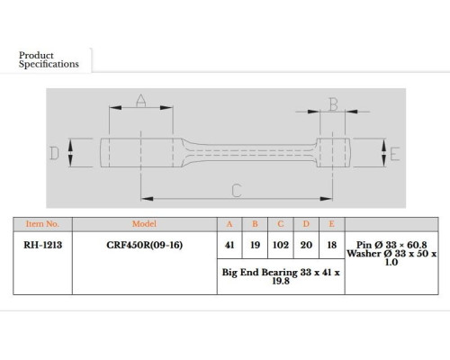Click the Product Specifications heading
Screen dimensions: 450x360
tap(49, 59)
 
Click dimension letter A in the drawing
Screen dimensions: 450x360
tap(141, 101)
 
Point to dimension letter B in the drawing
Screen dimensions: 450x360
tap(333, 104)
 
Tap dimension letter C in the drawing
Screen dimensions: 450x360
tap(237, 191)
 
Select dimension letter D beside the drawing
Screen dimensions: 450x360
tap(54, 153)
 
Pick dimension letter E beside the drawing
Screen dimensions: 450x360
tap(395, 154)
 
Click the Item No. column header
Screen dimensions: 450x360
tap(42, 224)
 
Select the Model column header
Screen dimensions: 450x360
tap(144, 224)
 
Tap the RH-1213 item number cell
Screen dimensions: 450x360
tap(43, 245)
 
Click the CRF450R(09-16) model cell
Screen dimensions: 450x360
tap(145, 245)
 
